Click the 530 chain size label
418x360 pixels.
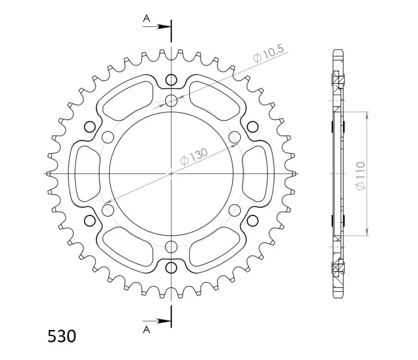coord(62,336)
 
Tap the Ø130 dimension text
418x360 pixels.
coord(194,157)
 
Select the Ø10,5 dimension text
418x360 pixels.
coord(268,54)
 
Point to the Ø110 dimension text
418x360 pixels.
coord(360,175)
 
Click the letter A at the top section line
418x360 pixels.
coord(147,19)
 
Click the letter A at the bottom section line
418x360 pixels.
coord(147,329)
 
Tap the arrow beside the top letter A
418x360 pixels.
coord(157,26)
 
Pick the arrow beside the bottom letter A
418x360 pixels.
coord(157,321)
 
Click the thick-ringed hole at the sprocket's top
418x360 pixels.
coord(171,80)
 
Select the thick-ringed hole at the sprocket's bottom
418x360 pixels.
coord(171,268)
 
